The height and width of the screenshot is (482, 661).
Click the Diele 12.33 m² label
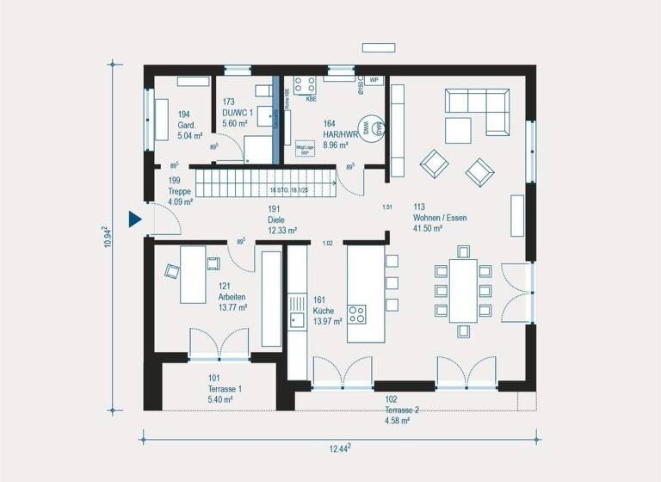click(x=281, y=226)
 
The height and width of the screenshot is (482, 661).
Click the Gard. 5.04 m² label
click(x=189, y=125)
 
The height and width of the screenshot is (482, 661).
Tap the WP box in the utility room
click(x=374, y=80)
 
